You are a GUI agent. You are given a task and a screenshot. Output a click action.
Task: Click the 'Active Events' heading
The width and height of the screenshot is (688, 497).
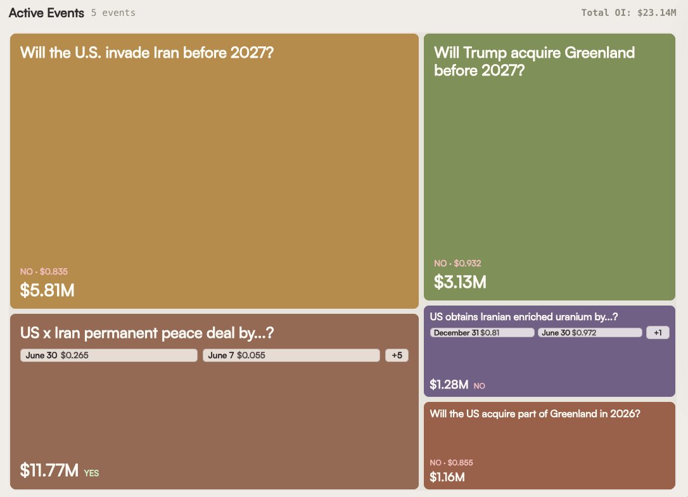(x=46, y=13)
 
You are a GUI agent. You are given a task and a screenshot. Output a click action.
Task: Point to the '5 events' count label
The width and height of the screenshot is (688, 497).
(x=113, y=13)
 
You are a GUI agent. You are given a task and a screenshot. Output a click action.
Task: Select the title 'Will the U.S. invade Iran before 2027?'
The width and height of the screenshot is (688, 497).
(x=147, y=53)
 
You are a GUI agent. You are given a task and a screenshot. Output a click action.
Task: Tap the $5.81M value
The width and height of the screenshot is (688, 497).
(x=48, y=290)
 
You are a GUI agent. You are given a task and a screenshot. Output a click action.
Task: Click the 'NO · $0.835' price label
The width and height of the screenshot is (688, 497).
(x=44, y=271)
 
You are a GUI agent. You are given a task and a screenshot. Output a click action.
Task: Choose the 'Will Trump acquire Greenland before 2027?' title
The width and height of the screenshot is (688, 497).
(x=534, y=61)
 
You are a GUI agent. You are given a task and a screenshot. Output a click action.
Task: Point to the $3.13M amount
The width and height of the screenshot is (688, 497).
(x=461, y=282)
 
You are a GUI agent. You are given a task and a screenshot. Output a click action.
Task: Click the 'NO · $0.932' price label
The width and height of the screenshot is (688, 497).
(x=457, y=263)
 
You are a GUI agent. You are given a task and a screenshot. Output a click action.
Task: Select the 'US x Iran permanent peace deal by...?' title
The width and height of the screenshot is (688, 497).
(x=147, y=333)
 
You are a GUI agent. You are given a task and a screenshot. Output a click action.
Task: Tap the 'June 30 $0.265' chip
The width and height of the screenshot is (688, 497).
(x=109, y=355)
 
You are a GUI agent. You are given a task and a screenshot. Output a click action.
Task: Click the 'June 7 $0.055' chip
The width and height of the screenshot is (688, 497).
(x=291, y=355)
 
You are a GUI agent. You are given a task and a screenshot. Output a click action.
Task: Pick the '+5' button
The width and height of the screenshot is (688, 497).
(x=397, y=355)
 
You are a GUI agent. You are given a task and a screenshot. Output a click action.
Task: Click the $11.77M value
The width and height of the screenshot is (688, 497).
(x=49, y=470)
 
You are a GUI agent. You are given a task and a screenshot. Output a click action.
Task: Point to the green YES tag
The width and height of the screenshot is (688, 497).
(x=91, y=473)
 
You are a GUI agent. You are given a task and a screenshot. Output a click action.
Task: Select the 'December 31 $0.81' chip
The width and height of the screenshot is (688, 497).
(x=482, y=332)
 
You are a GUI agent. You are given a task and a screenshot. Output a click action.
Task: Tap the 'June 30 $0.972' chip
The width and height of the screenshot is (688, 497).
(x=590, y=332)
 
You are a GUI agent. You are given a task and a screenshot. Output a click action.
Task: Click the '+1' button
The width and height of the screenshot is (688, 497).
(x=658, y=332)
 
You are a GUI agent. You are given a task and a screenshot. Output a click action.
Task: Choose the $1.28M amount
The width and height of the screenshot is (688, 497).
(x=449, y=385)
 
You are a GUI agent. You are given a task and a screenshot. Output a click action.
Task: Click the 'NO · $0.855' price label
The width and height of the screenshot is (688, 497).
(x=452, y=462)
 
